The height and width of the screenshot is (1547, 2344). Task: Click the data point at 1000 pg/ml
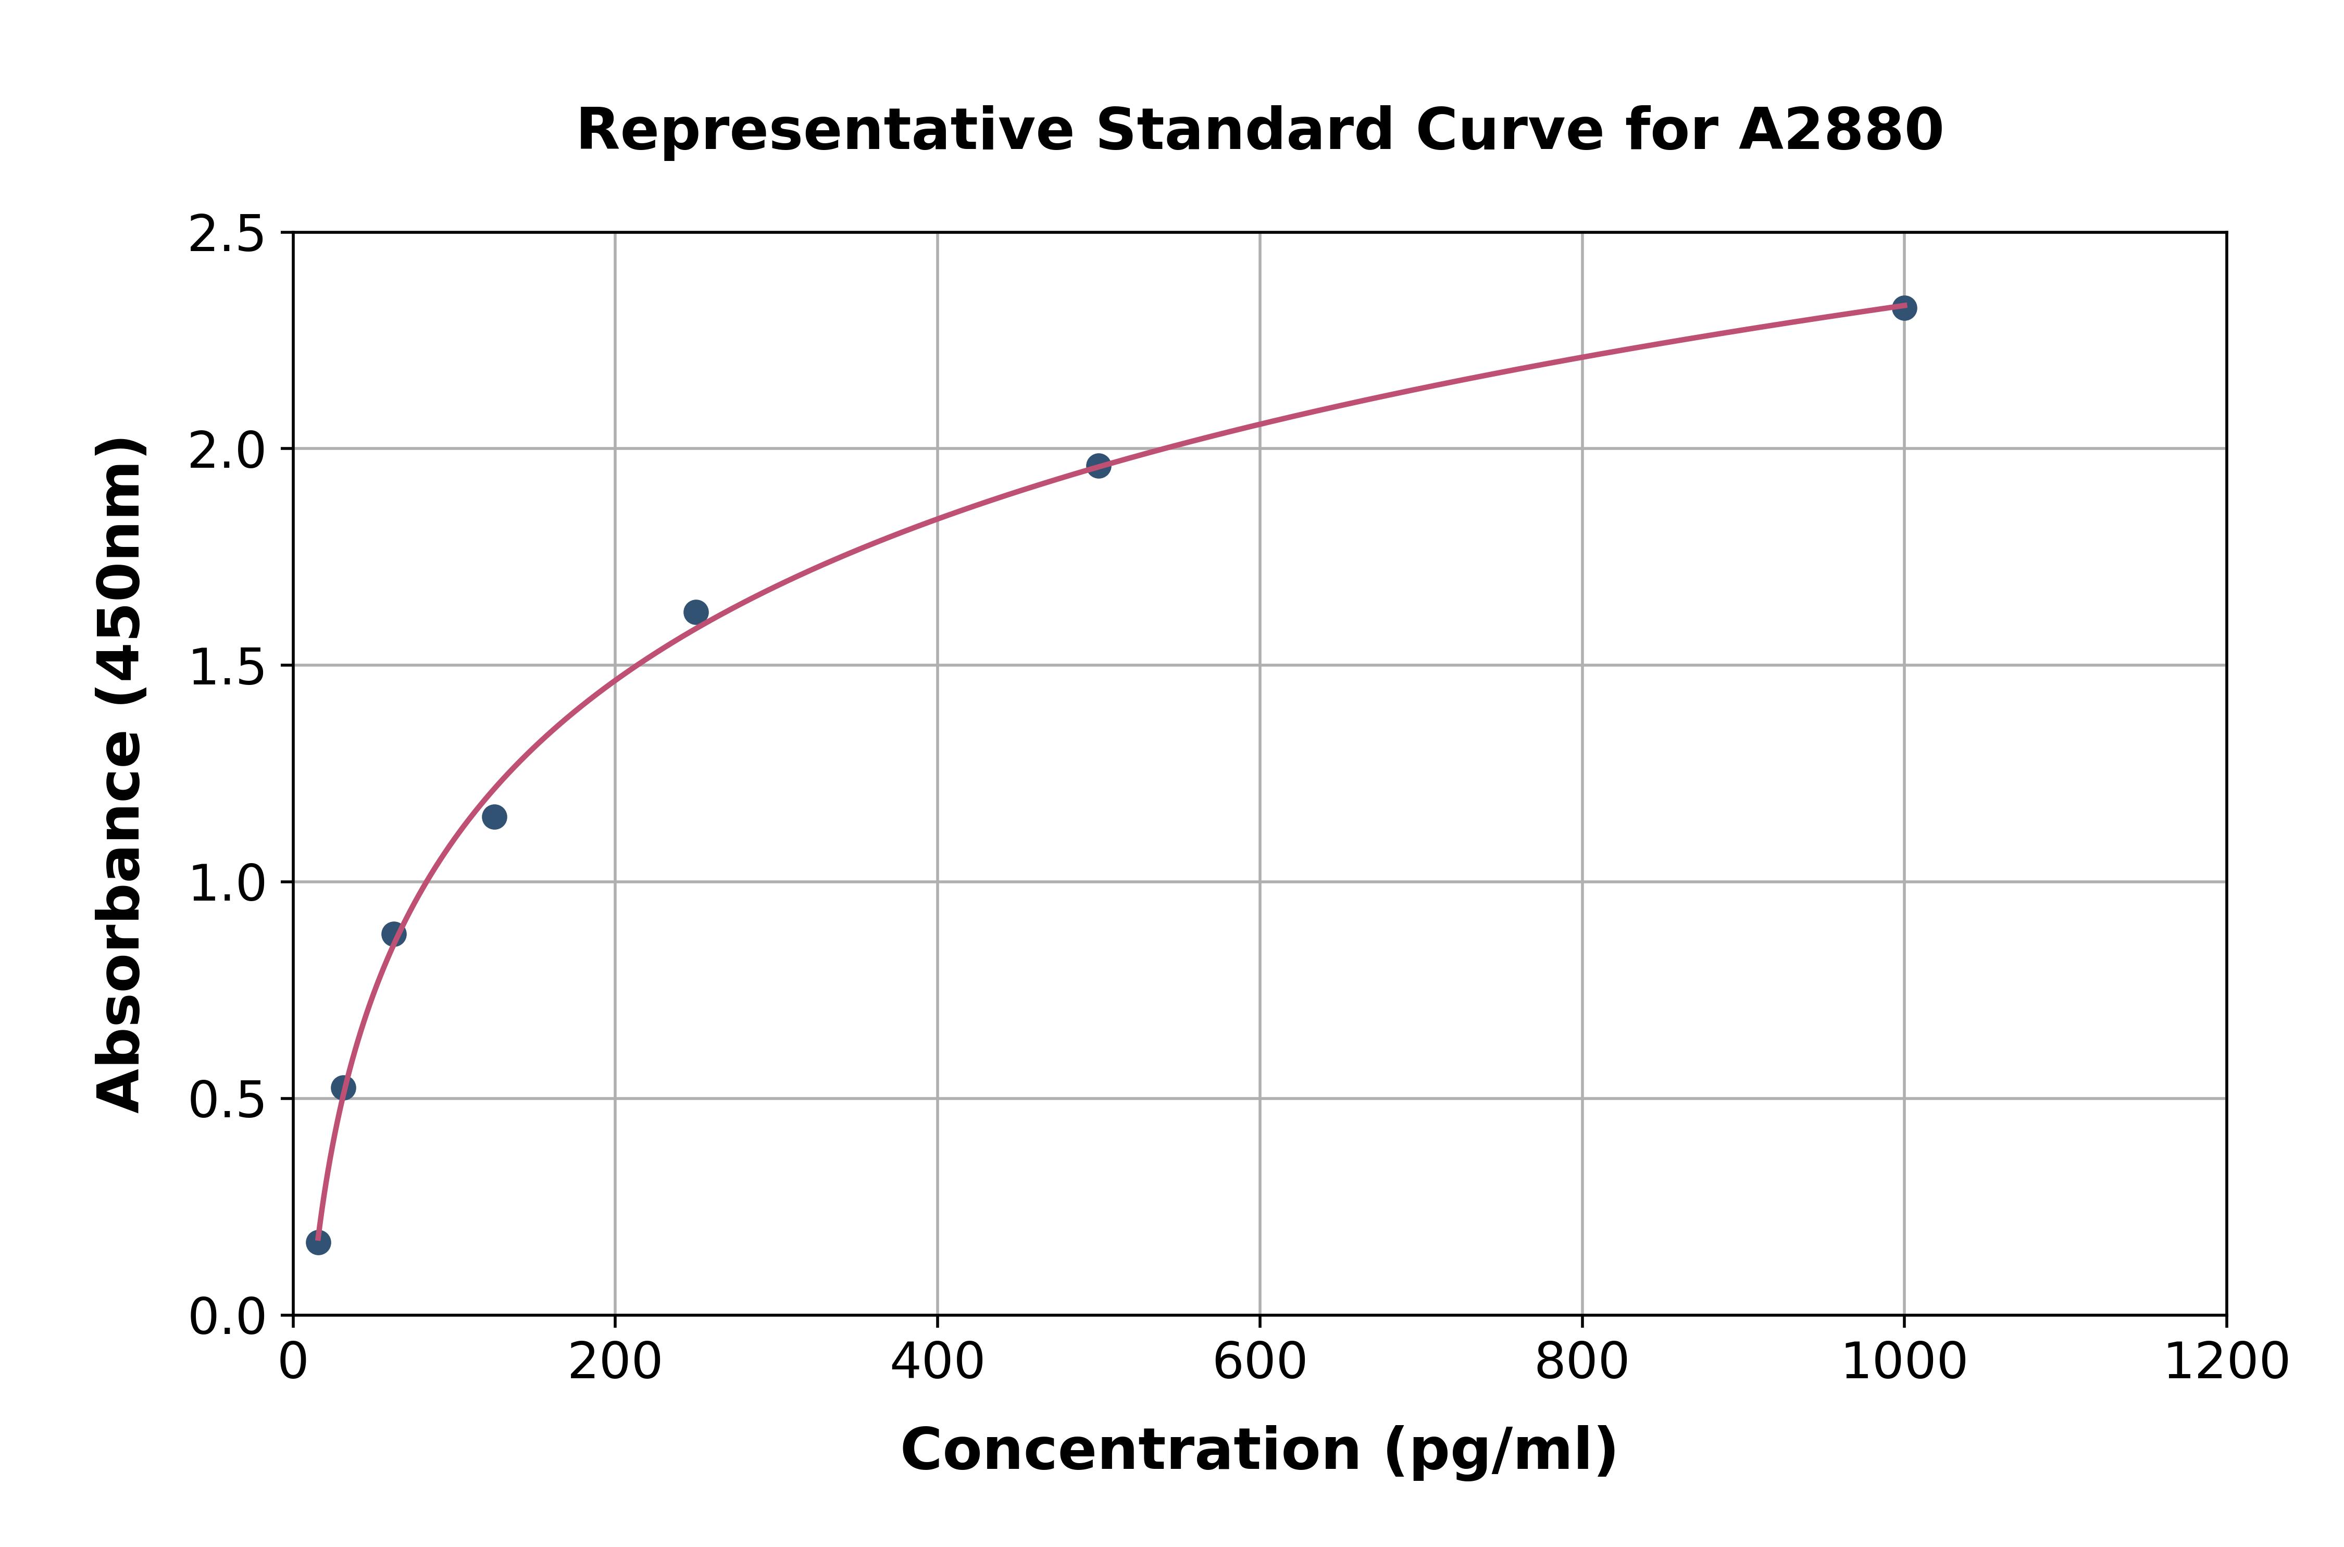pos(1904,308)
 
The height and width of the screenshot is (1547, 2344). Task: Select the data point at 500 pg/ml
pos(1098,466)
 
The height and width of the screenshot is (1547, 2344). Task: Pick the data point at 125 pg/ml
pos(494,817)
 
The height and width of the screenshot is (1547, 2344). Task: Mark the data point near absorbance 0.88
pos(394,934)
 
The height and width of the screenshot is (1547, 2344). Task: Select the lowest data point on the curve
pos(318,1242)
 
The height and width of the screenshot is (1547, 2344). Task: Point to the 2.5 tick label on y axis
pos(227,235)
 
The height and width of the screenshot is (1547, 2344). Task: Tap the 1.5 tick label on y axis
pos(227,668)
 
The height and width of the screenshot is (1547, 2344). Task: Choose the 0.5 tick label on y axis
pos(227,1101)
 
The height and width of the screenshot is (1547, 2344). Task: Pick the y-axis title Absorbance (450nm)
pos(120,775)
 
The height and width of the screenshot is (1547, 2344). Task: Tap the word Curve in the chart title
pos(1510,130)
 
